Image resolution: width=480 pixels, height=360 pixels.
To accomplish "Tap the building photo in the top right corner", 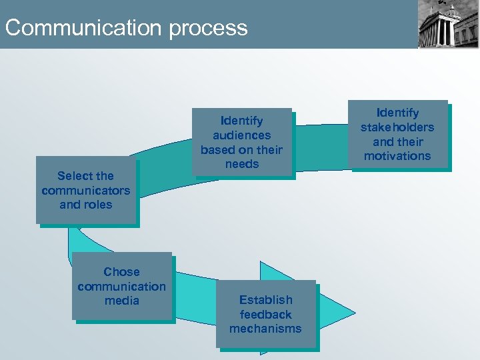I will pos(448,25).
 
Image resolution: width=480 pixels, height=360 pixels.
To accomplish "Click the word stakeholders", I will pos(397,127).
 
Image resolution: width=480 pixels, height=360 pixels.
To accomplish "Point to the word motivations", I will pos(397,157).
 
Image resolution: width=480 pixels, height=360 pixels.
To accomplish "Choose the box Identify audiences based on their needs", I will pos(242,142).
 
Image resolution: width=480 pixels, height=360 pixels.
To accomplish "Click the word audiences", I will pos(242,135).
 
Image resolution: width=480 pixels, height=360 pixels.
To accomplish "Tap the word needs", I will pos(242,164).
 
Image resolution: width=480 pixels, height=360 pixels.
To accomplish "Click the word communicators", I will pos(85,191).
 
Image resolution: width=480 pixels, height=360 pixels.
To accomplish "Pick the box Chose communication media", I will pos(121,286).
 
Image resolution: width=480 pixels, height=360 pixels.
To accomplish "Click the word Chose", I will pos(121,272).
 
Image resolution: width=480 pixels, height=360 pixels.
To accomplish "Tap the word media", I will pos(121,301).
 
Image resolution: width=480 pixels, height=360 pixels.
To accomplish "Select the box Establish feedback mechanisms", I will pos(265,314).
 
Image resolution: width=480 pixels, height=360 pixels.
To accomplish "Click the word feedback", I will pos(265,315).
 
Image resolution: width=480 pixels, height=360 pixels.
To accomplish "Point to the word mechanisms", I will pos(265,329).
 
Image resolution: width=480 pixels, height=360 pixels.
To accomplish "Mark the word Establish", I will pos(265,300).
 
